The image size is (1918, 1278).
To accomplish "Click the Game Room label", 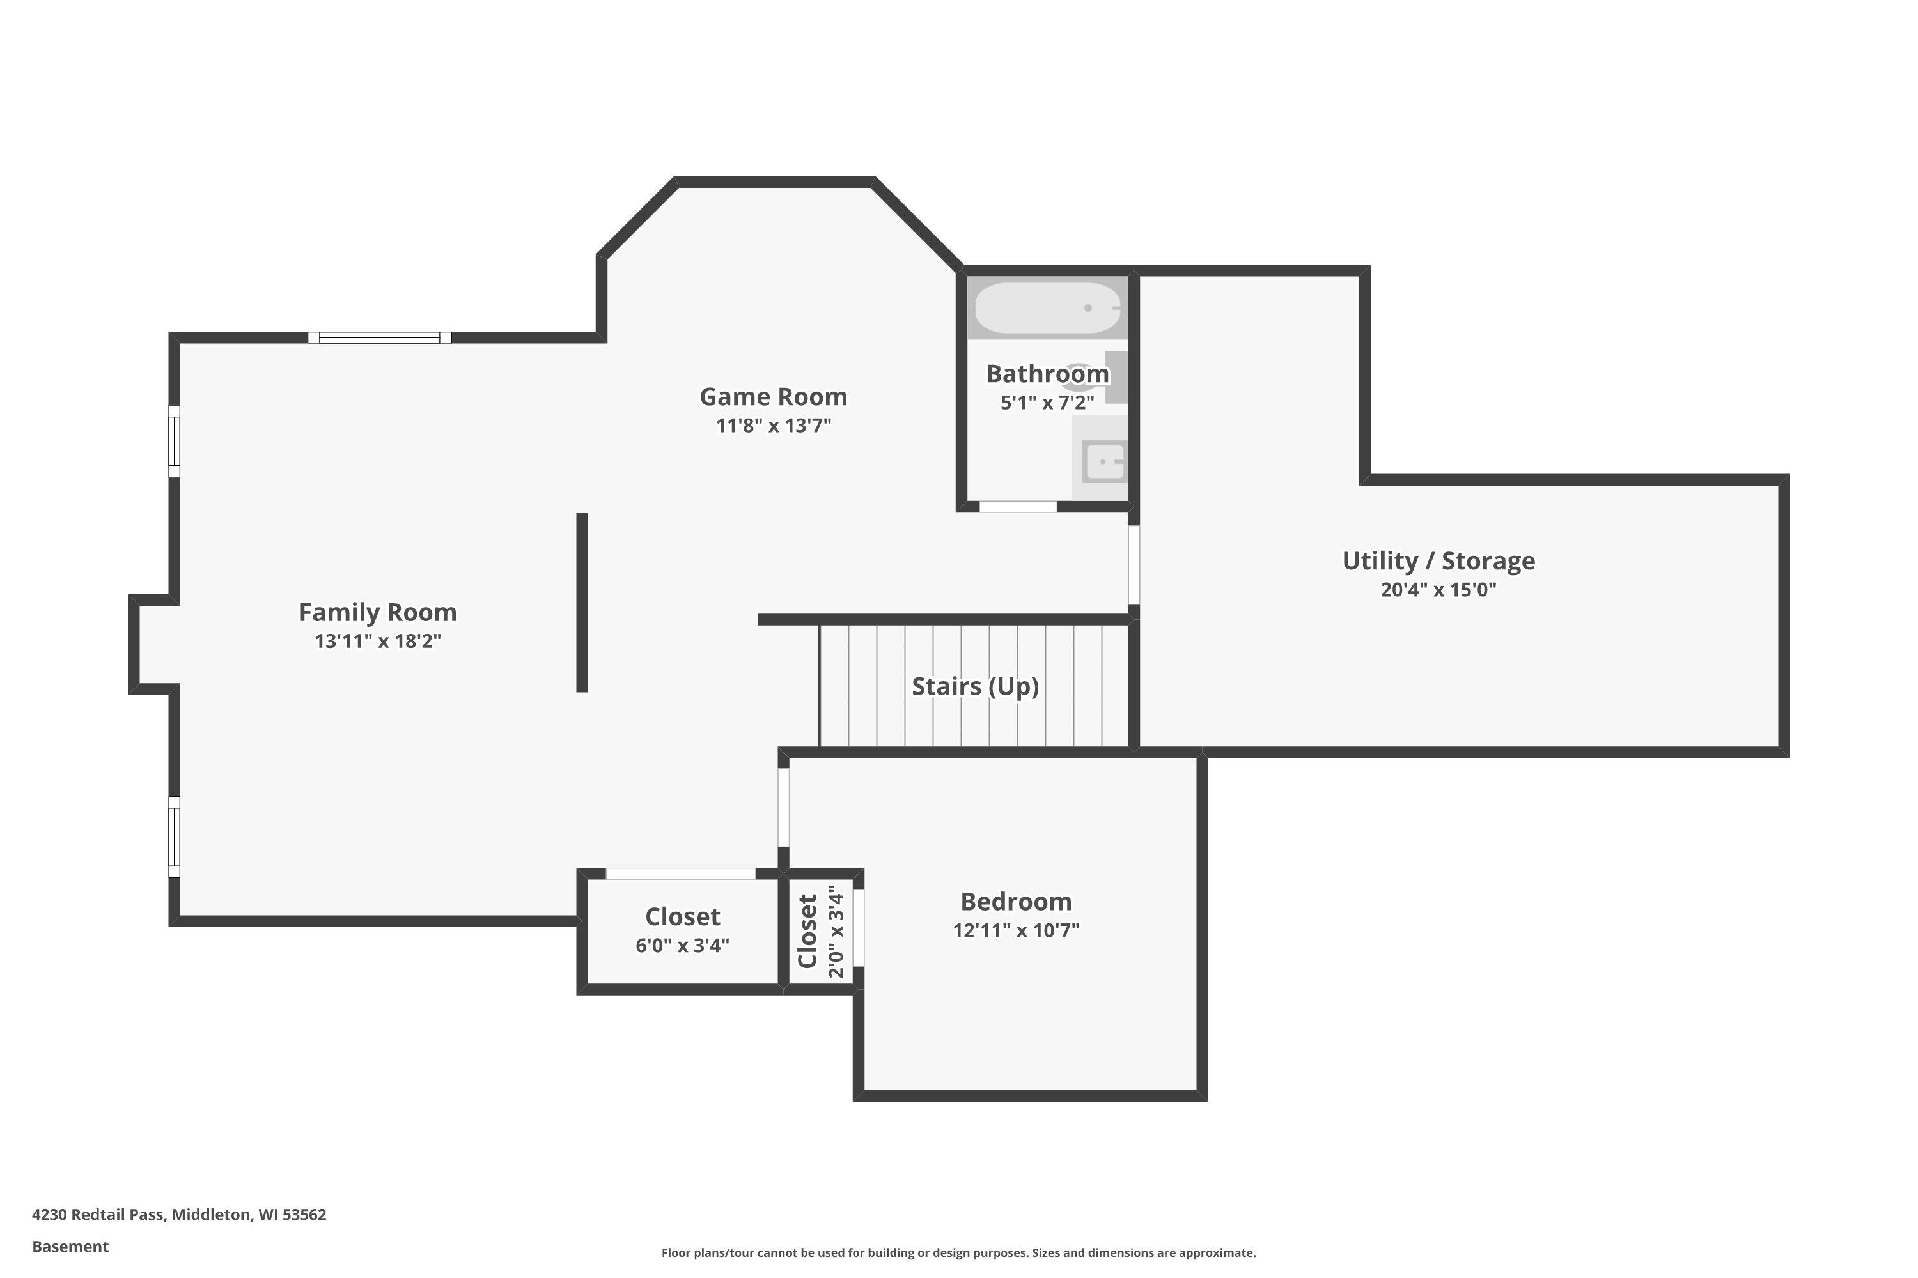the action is (773, 397).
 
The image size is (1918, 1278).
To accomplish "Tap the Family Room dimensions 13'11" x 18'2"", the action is (378, 642).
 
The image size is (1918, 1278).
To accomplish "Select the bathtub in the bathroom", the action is (1048, 308).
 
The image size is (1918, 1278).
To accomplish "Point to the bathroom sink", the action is (1104, 461).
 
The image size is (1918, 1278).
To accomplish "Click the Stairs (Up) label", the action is (976, 686).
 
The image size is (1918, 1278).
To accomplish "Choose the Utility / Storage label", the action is (1438, 561).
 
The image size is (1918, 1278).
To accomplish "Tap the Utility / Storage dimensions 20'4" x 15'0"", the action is (1438, 590).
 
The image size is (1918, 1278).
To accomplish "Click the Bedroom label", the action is (1016, 902).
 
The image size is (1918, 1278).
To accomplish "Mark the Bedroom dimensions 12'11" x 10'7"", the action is (1016, 931).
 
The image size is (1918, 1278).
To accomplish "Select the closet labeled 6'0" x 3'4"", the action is (683, 932).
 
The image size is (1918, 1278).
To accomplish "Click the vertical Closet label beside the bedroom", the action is (807, 932).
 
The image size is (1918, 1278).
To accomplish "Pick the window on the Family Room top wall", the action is (379, 337).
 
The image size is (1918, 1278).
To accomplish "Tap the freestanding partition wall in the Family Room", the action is (582, 603).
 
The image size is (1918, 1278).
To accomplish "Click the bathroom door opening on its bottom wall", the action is (1018, 507).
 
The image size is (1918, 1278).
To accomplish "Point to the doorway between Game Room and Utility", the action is (1134, 565).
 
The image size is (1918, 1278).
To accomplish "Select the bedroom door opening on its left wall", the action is (784, 808).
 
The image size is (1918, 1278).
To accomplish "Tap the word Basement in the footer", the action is (70, 1246).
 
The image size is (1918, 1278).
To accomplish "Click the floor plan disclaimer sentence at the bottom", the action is (959, 1252).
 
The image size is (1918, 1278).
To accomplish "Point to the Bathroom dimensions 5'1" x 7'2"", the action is (1048, 403).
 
